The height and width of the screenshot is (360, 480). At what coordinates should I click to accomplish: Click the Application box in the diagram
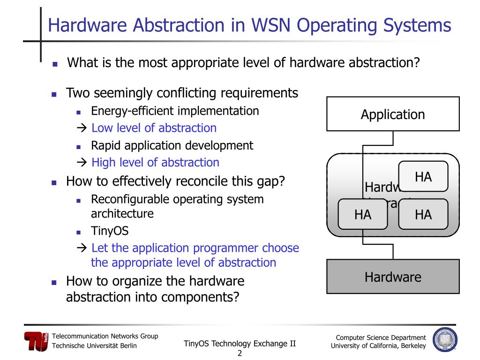pyautogui.click(x=393, y=114)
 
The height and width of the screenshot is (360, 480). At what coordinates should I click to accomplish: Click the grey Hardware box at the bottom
pyautogui.click(x=393, y=277)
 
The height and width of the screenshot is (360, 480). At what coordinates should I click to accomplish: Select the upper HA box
pyautogui.click(x=423, y=177)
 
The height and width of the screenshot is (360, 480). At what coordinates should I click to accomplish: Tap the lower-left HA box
pyautogui.click(x=363, y=215)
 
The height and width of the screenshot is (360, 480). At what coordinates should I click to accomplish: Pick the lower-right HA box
pyautogui.click(x=423, y=215)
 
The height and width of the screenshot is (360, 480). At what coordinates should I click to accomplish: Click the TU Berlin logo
pyautogui.click(x=36, y=341)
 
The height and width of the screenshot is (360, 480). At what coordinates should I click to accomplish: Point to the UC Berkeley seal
pyautogui.click(x=445, y=340)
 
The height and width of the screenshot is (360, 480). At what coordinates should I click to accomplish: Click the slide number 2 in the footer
pyautogui.click(x=240, y=353)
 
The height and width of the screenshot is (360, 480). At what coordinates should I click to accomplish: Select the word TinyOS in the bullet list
pyautogui.click(x=110, y=231)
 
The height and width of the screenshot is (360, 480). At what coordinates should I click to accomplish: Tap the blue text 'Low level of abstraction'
pyautogui.click(x=154, y=128)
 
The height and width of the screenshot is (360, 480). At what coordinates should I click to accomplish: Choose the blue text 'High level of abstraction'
pyautogui.click(x=155, y=163)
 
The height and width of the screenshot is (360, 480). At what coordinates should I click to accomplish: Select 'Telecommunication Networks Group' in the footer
pyautogui.click(x=105, y=336)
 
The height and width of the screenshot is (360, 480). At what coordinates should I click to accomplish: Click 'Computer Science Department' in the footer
pyautogui.click(x=381, y=337)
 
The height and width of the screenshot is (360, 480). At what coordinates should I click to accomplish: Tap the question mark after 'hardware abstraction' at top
pyautogui.click(x=415, y=62)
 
